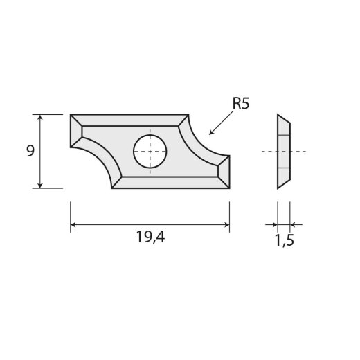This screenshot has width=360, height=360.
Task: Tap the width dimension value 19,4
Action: point(150,238)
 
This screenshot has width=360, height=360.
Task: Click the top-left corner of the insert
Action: point(71,115)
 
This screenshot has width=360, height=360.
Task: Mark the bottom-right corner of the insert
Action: point(229,188)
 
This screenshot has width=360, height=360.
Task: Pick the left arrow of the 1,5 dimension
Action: point(272,224)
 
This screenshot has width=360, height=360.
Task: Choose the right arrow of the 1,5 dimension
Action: point(294,224)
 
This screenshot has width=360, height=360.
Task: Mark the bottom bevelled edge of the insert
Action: point(170,182)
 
